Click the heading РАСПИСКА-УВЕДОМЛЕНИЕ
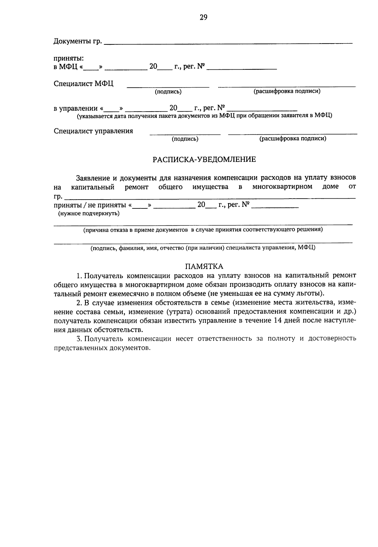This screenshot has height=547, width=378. (x=204, y=160)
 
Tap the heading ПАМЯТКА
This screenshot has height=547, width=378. (x=204, y=266)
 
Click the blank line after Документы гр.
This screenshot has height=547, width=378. (x=228, y=42)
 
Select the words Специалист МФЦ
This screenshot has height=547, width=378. (x=83, y=84)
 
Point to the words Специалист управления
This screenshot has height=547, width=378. (x=93, y=131)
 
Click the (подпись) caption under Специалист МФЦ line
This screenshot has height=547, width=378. (x=168, y=92)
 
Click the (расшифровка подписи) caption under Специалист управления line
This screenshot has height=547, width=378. (x=293, y=139)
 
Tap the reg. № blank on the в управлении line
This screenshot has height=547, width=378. (x=262, y=110)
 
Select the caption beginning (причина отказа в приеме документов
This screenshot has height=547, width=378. (x=203, y=230)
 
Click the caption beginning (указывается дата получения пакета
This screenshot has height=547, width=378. (x=204, y=116)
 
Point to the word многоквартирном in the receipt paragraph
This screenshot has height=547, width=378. (x=282, y=187)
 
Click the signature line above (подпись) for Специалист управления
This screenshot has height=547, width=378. (x=185, y=134)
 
